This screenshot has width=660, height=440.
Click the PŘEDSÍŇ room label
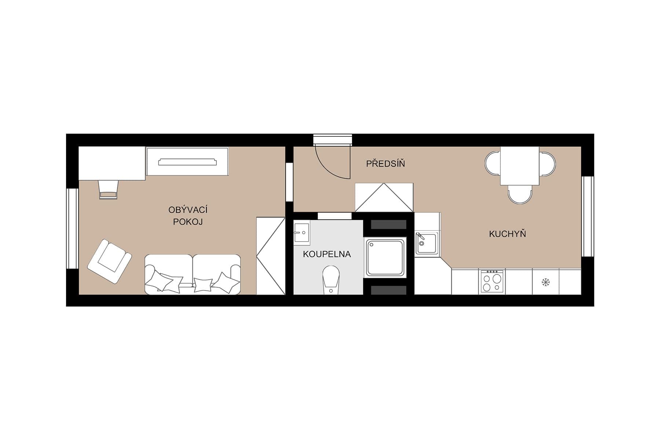tap(385, 164)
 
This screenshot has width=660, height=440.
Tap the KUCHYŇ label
tap(507, 234)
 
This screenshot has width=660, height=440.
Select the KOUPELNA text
tap(327, 254)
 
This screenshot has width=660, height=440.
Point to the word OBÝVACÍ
tap(188, 210)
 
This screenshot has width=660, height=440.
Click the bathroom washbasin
tap(302, 232)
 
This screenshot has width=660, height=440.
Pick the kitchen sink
tap(426, 243)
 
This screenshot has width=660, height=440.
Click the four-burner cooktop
tap(492, 281)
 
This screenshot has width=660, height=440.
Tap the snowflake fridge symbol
tap(546, 282)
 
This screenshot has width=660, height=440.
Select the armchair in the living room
tap(109, 261)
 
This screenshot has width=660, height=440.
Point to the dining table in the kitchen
tap(520, 166)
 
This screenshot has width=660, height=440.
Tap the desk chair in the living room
tap(108, 189)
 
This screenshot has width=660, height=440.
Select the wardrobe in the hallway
tap(384, 197)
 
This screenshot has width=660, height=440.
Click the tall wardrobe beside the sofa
tap(271, 256)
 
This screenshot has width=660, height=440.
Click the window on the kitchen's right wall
tap(587, 216)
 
